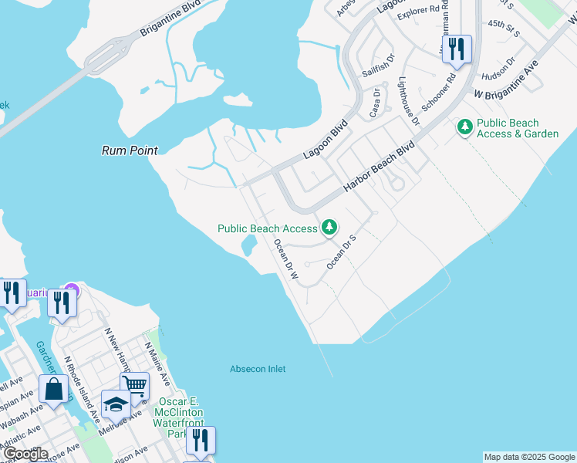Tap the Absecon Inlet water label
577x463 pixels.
click(258, 369)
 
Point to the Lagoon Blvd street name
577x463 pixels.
click(325, 139)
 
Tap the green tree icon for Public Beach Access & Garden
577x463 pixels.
click(464, 126)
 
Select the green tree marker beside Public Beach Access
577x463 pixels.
click(329, 227)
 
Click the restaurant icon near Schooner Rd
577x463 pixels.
click(456, 48)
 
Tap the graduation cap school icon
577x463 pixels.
click(116, 404)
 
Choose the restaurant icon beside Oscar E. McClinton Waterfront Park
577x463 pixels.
click(201, 440)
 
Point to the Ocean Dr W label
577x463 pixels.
click(286, 259)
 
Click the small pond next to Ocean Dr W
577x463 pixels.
click(249, 245)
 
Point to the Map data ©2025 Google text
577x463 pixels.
click(529, 457)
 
